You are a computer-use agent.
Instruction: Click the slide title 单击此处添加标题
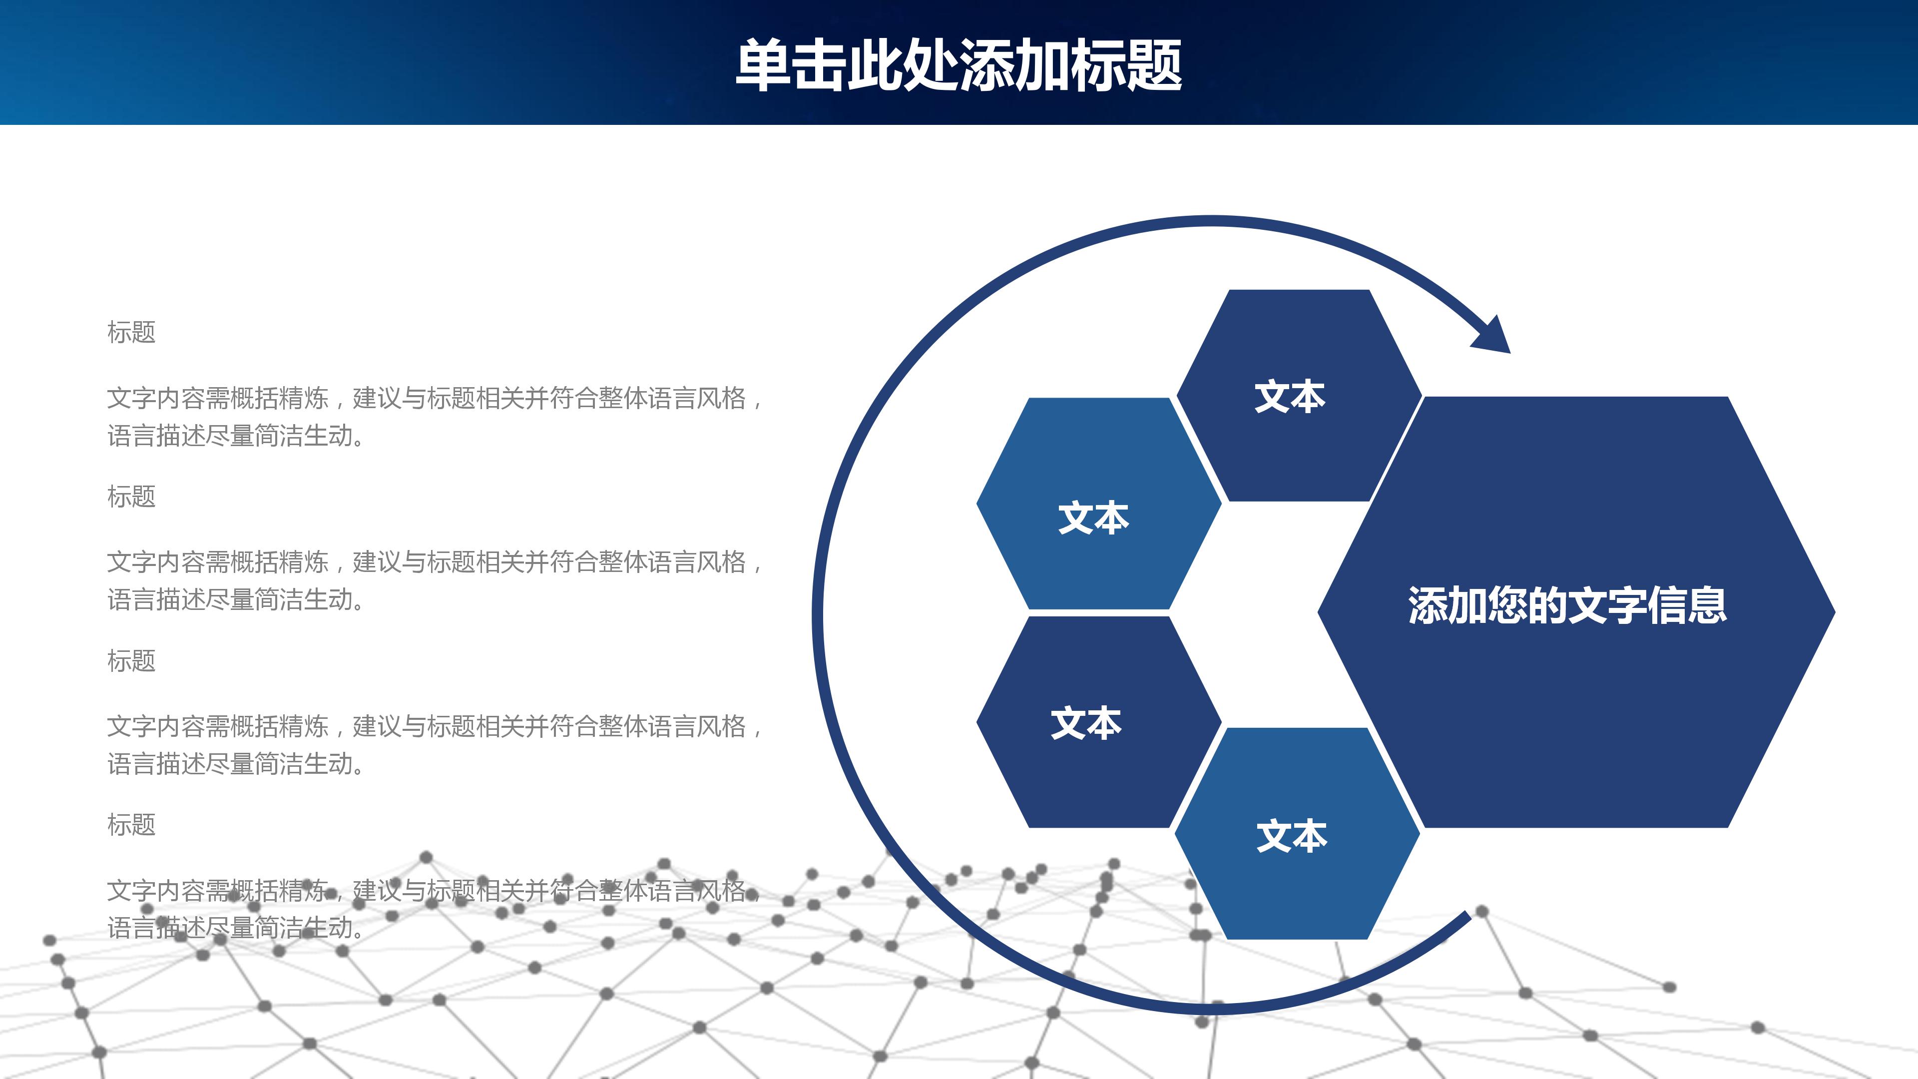(959, 65)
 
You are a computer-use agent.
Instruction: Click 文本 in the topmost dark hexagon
(1290, 397)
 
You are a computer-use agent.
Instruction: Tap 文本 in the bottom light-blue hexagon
(1291, 836)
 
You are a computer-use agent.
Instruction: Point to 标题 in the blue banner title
(1126, 65)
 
